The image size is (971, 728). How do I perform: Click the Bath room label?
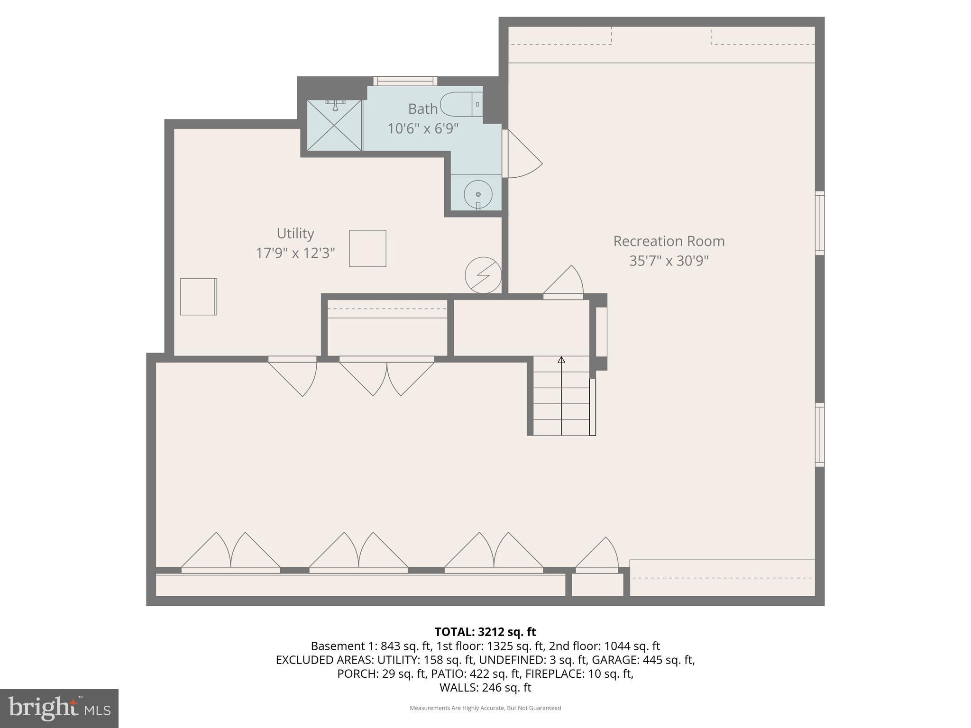422,109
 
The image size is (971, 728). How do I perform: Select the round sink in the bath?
478,194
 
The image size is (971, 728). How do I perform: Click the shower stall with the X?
335,126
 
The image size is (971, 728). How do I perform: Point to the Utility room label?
295,233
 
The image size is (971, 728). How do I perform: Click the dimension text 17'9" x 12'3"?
295,253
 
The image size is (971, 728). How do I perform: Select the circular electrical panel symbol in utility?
483,275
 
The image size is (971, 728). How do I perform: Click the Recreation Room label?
669,241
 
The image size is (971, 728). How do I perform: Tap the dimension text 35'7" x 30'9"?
669,261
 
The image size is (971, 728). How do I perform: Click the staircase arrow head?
561,360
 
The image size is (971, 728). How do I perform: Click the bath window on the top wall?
405,81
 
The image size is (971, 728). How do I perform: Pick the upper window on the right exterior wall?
820,223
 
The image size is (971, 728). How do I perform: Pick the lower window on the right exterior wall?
820,435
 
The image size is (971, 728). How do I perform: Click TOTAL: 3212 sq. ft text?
485,632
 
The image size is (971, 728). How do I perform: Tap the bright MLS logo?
59,708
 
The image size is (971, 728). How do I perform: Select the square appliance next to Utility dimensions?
367,248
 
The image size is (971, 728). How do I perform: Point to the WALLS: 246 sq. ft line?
485,687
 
